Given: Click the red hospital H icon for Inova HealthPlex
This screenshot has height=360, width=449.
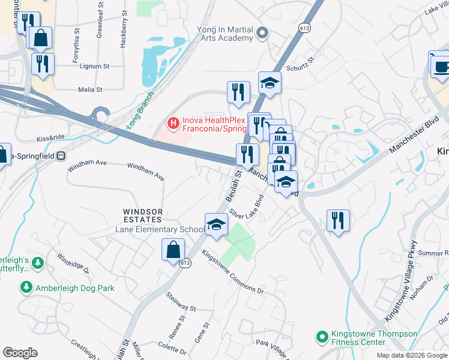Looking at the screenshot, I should click(x=173, y=123).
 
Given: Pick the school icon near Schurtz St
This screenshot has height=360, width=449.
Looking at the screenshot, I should click(x=270, y=83).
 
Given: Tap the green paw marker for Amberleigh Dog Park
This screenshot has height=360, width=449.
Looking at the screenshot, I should click(x=26, y=288).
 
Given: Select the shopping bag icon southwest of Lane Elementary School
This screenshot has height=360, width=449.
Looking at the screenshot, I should click(x=173, y=250).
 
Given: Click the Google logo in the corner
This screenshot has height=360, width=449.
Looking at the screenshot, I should click(x=20, y=353).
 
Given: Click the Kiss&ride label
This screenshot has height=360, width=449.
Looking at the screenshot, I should click(x=50, y=138).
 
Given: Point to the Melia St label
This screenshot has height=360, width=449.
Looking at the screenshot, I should click(x=91, y=89).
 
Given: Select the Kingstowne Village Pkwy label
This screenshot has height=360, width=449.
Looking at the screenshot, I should click(x=400, y=282).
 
